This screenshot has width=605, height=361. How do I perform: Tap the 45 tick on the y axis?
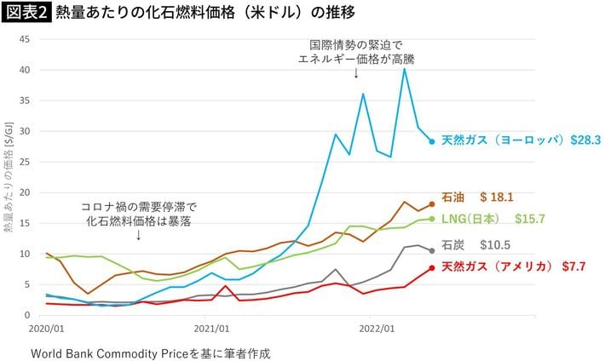pos(25,39)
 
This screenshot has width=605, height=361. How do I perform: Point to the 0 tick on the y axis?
pos(27,315)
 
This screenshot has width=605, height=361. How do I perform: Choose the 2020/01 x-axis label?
pos(47,327)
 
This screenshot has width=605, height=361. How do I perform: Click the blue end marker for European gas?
pos(432,141)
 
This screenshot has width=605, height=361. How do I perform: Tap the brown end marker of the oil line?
pos(432,204)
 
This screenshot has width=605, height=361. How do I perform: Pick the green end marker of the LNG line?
pos(432,219)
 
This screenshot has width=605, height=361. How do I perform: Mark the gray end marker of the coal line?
pos(432,250)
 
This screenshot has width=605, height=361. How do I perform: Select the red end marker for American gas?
pos(432,268)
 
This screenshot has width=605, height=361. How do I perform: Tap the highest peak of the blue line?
pos(405,68)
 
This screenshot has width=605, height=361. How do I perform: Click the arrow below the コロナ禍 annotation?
pos(139,235)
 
